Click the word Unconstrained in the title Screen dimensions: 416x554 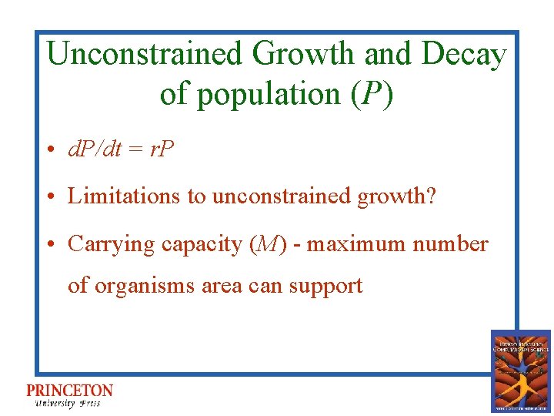point(143,55)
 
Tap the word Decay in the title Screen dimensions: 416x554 point(464,55)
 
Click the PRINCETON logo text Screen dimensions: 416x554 point(69,391)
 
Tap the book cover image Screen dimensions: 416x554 point(521,371)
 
